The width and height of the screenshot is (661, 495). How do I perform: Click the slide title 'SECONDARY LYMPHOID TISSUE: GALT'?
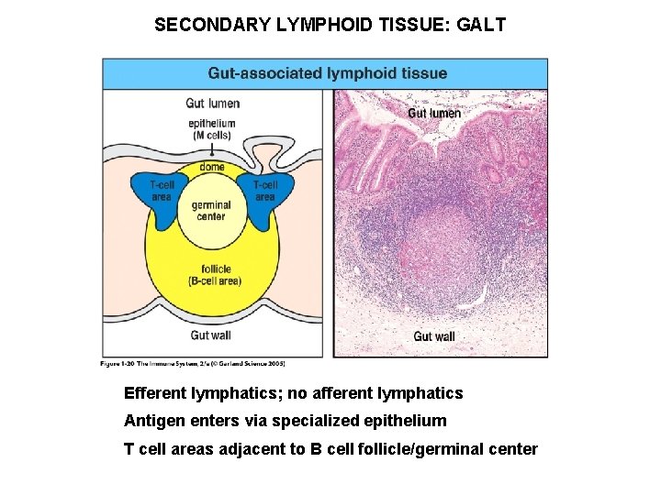[x=330, y=25]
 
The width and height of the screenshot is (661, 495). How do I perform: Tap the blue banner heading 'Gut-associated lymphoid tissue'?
[x=328, y=73]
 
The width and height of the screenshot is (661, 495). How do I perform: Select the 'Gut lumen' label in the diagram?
[x=212, y=103]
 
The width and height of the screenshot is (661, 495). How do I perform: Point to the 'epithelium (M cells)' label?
[x=212, y=129]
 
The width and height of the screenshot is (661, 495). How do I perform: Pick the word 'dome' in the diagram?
[x=212, y=168]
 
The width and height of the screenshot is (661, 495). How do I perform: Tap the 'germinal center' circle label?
[x=211, y=211]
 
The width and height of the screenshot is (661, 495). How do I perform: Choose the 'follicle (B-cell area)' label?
[x=213, y=275]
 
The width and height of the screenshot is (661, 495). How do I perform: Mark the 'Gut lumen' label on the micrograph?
[x=433, y=113]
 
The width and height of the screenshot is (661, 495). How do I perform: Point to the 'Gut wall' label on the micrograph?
[x=433, y=336]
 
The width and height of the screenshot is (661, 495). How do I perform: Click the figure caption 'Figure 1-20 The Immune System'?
[x=193, y=365]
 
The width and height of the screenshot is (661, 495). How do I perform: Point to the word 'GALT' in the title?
[x=481, y=25]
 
